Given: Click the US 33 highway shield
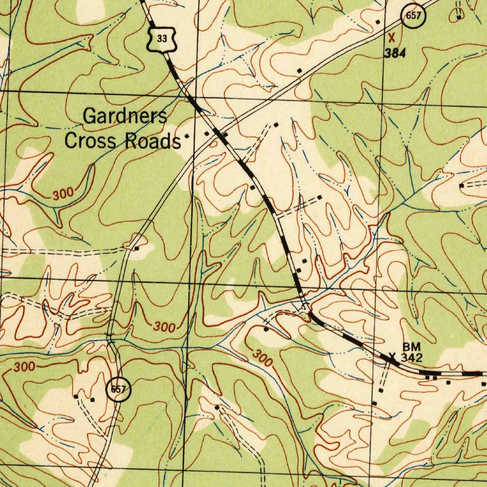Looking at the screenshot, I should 162,39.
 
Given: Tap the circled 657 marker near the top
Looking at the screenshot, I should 413,16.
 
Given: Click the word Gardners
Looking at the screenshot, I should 125,116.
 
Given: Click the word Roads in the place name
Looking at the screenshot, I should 153,141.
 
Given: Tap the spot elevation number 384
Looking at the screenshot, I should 395,53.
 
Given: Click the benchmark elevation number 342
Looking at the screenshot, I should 411,357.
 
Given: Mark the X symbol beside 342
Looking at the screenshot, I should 392,356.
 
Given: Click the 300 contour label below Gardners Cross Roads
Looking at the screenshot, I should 63,194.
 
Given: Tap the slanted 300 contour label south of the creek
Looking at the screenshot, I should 262,358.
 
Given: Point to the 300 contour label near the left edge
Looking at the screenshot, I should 24,367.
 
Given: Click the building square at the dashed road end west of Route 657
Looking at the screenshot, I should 136,248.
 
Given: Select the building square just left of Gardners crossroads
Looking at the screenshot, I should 187,136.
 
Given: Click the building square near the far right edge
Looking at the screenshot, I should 461,185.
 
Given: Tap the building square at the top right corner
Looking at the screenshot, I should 458,17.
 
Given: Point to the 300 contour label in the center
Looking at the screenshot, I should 165,327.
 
